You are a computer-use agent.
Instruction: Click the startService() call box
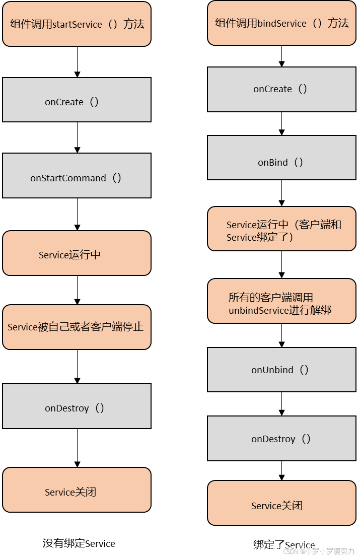click(77, 24)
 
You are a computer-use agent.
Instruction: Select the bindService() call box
click(281, 23)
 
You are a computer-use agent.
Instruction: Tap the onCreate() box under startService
click(77, 100)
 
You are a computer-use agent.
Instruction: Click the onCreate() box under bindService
click(281, 89)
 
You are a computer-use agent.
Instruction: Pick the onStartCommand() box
click(77, 176)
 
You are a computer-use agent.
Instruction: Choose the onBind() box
click(281, 158)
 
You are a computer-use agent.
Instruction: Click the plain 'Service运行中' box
click(77, 253)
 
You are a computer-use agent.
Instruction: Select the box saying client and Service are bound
click(281, 229)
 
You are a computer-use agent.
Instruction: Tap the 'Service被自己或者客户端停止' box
click(77, 327)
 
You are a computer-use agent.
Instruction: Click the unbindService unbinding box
click(281, 301)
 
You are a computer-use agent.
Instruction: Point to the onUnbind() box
click(281, 370)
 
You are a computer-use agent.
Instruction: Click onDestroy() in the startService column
click(77, 406)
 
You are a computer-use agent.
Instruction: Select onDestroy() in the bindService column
click(281, 438)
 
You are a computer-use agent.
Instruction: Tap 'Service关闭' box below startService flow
click(77, 490)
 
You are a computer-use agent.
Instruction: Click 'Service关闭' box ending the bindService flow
click(281, 503)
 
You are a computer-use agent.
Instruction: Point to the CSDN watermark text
click(318, 550)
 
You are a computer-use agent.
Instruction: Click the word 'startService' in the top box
click(77, 24)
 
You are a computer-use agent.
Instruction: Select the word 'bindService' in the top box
click(282, 23)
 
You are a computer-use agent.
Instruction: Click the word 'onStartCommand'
click(68, 178)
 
